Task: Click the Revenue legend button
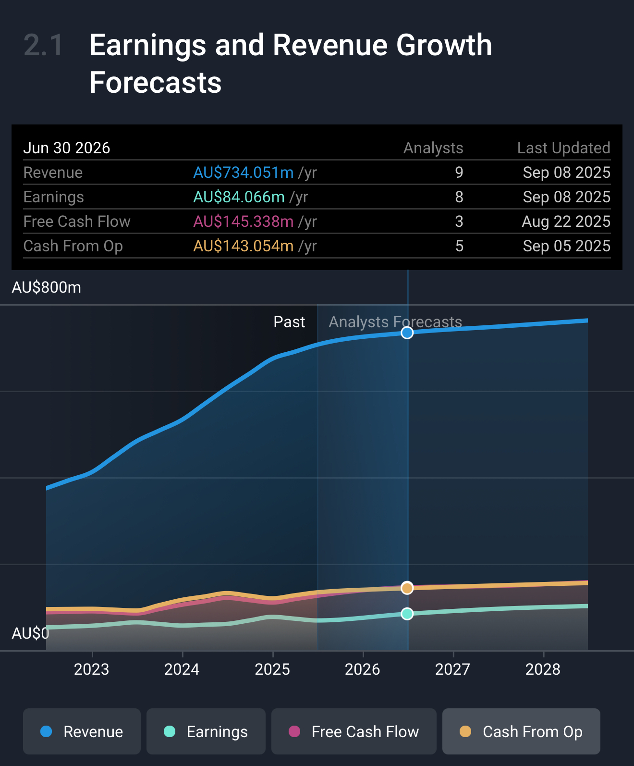[82, 731]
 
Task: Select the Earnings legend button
[206, 731]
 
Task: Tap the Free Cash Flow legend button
[354, 731]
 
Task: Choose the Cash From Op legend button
[521, 731]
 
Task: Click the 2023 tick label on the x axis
[92, 669]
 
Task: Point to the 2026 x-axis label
[363, 669]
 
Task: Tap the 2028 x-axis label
[543, 669]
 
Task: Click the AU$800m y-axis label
[47, 287]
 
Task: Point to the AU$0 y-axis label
[30, 633]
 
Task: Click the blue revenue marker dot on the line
[407, 333]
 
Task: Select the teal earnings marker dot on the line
[407, 614]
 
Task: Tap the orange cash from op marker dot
[407, 588]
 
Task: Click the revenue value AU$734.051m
[244, 173]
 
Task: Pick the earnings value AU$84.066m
[239, 197]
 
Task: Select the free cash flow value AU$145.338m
[244, 222]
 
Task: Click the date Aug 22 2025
[566, 222]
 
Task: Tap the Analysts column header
[433, 148]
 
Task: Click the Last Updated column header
[563, 148]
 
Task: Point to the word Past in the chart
[289, 322]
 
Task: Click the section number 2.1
[43, 46]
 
